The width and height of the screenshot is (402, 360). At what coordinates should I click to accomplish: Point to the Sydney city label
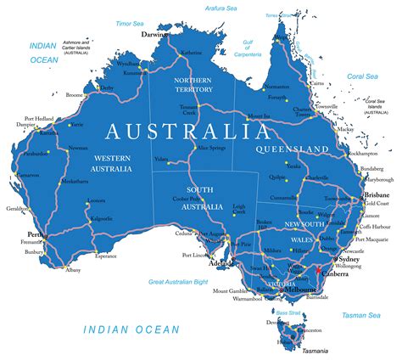349,258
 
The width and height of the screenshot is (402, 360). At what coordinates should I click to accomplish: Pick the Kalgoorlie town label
101,218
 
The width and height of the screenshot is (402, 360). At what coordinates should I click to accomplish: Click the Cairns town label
315,83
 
